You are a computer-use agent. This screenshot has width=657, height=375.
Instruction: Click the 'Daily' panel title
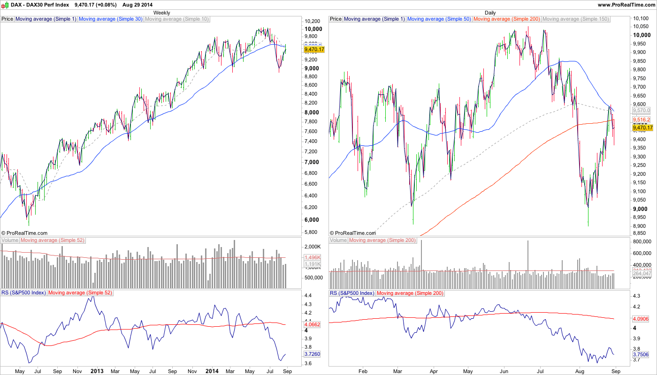point(490,13)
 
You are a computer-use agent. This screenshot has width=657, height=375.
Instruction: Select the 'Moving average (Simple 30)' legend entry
point(110,19)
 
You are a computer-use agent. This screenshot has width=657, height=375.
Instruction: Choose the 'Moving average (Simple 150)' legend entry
point(575,19)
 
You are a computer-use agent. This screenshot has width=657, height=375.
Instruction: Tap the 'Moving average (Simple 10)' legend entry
point(176,19)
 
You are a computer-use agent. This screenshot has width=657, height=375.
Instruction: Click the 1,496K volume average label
point(313,258)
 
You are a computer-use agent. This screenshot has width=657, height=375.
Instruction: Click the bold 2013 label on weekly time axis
point(97,371)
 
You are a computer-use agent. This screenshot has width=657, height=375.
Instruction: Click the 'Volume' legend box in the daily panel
point(338,240)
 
